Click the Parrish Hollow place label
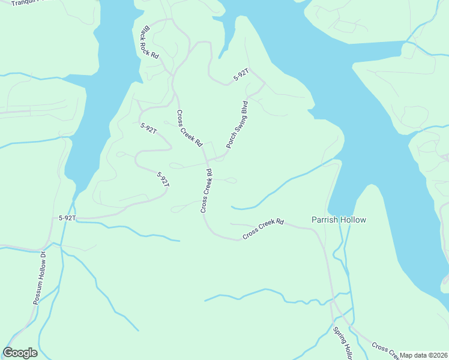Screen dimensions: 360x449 (x=339, y=220)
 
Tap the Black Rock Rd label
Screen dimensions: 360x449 (x=149, y=41)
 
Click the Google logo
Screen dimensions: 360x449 (x=20, y=353)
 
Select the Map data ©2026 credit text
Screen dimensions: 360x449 (x=424, y=355)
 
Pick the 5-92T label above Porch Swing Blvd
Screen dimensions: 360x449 (x=241, y=76)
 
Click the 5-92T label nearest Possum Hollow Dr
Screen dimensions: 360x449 (x=67, y=218)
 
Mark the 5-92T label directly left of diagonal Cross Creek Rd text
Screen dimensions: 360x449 (x=148, y=128)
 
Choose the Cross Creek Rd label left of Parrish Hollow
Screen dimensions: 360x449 (x=263, y=229)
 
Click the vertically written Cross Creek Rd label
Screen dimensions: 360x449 (x=206, y=191)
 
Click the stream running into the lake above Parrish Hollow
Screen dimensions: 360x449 (x=282, y=186)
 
